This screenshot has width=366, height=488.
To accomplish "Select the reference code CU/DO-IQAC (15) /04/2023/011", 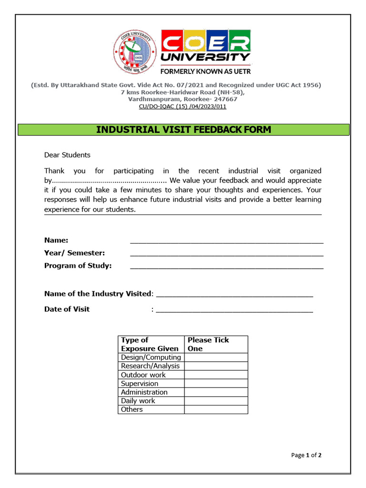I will (x=183, y=107).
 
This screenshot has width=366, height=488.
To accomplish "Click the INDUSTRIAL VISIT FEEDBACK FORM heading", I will (x=183, y=130).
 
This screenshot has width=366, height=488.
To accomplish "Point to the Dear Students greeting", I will (x=67, y=155).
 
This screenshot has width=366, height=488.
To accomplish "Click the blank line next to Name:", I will (x=226, y=241).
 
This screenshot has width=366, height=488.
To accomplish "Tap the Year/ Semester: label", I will (x=74, y=253).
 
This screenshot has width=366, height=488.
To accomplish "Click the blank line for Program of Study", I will (x=226, y=266).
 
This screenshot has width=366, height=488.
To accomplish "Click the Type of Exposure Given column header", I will (x=150, y=344).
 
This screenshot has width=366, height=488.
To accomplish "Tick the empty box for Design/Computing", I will (x=216, y=357).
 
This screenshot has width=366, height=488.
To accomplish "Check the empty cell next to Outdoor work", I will (x=216, y=375).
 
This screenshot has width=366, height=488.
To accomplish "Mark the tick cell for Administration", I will (x=216, y=392).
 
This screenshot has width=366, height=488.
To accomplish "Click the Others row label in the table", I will (x=132, y=409).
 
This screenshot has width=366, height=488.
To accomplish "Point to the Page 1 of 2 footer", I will (x=306, y=455).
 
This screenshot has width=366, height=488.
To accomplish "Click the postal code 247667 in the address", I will (x=222, y=99).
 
